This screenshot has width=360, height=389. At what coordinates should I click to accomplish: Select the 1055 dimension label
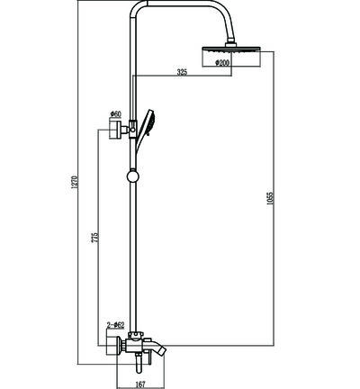coord(270,199)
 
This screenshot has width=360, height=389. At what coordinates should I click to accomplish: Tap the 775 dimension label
coord(95,238)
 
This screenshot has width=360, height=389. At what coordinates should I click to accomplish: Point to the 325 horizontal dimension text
coord(182,72)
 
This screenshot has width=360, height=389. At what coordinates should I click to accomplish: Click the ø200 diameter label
coord(222,63)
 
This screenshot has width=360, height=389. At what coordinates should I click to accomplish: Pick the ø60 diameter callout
coord(115,114)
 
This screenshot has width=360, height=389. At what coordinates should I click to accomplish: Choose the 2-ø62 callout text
coord(115,325)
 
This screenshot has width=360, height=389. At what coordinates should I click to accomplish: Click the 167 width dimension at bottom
coord(140,384)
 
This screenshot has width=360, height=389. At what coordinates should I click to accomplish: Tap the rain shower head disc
coord(230,49)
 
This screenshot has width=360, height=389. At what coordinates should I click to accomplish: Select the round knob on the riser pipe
coord(132,176)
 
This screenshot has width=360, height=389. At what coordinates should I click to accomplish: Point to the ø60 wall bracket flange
coord(115,130)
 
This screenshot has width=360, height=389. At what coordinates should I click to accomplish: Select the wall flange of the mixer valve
coord(114,344)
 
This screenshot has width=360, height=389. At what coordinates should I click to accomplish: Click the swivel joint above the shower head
coord(231,42)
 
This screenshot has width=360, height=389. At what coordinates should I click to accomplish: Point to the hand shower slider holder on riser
coord(131,129)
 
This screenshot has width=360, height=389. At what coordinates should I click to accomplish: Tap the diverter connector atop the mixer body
coord(136,335)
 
